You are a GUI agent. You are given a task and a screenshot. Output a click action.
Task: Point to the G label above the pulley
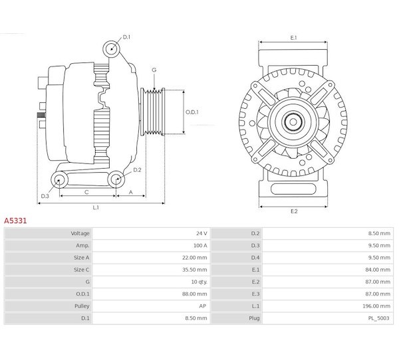[154, 70]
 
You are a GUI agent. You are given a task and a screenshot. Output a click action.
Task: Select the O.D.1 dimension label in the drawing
[192, 112]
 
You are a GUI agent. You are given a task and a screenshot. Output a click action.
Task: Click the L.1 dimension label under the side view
[96, 207]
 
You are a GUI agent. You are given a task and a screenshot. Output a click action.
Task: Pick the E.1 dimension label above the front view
[293, 38]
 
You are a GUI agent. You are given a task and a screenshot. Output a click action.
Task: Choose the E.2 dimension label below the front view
[293, 211]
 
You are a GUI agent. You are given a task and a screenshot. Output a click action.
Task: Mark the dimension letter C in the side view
[87, 192]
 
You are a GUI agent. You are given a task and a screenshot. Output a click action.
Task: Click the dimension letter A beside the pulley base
[131, 192]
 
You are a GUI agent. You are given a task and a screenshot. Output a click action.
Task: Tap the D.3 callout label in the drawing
[45, 196]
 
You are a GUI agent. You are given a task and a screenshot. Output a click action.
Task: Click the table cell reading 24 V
[201, 234]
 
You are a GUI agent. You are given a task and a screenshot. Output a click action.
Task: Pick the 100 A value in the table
[200, 246]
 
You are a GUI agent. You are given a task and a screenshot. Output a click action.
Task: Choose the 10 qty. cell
[198, 282]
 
